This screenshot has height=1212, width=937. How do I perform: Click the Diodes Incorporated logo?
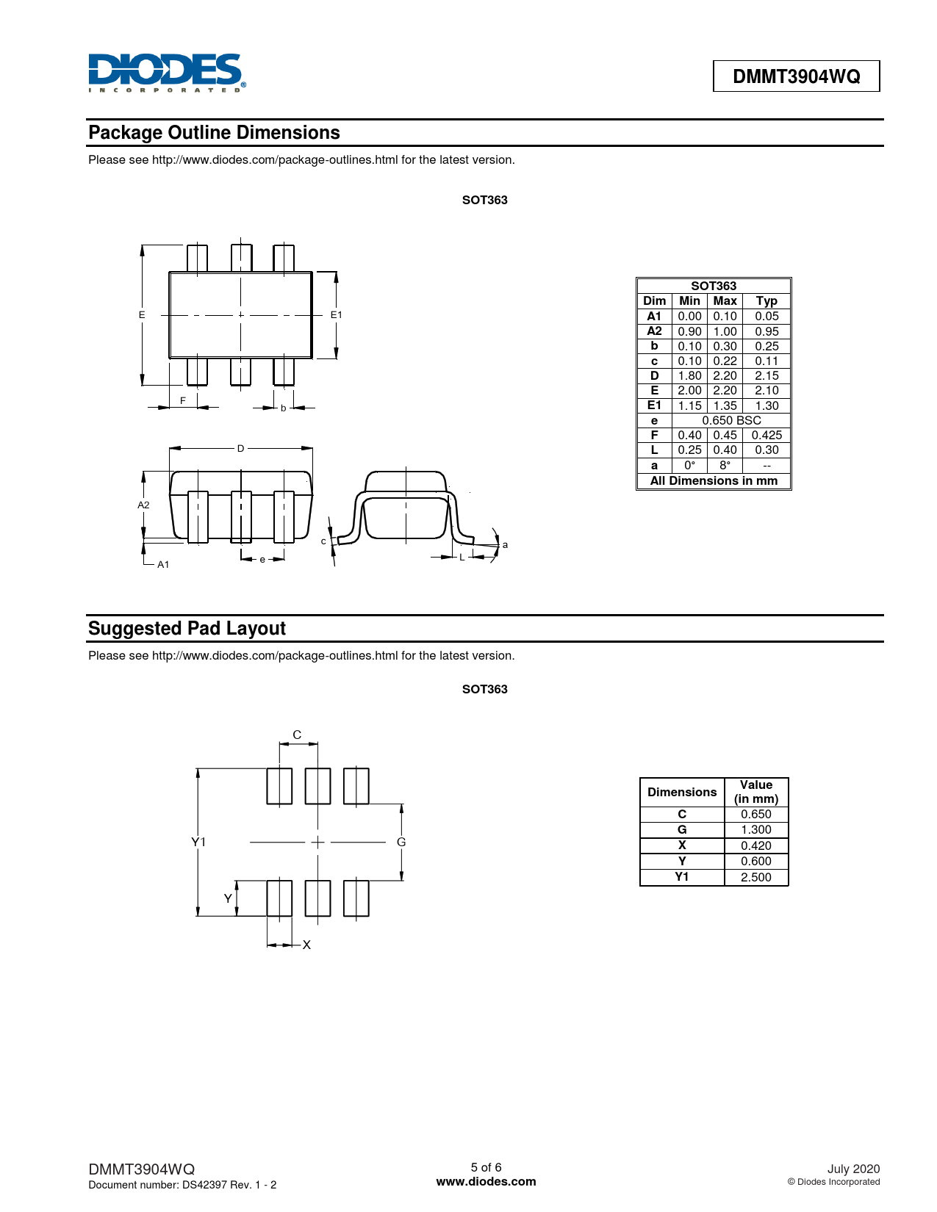(166, 73)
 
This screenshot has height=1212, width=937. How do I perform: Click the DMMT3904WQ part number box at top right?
(796, 76)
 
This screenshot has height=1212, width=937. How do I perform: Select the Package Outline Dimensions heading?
(214, 133)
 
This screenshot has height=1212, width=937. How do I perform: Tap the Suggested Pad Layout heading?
(187, 629)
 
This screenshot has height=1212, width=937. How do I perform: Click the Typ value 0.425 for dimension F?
(767, 435)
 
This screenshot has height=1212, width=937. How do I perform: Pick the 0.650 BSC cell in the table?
(731, 420)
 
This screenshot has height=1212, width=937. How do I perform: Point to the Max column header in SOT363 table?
(725, 300)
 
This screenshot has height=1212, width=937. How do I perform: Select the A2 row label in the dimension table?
(654, 331)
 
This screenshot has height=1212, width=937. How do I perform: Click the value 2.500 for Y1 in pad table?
(755, 877)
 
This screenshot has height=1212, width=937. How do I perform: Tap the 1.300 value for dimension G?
(755, 829)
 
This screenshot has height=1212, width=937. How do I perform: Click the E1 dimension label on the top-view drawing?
(336, 314)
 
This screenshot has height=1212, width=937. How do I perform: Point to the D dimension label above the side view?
(240, 448)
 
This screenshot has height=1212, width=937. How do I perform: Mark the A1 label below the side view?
(163, 564)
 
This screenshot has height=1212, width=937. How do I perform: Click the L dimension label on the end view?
(462, 557)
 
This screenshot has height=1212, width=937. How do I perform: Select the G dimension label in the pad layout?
(401, 842)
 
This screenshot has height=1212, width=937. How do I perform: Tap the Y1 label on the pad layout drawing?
(198, 842)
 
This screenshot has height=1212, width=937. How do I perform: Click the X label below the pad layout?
(306, 945)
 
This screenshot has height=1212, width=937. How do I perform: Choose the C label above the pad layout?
(297, 735)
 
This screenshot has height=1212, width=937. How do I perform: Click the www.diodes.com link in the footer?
(486, 1182)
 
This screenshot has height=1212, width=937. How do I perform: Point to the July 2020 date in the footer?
(853, 1169)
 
